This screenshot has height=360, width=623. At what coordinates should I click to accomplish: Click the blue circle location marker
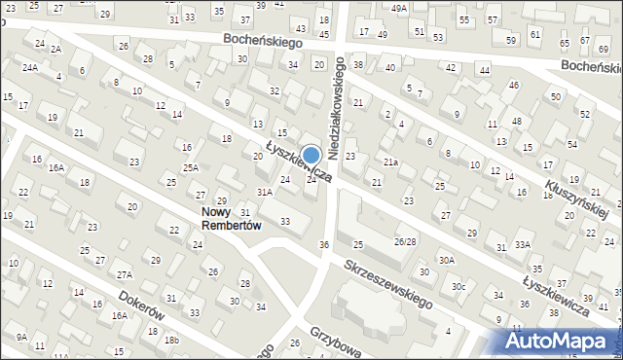pos(311,155)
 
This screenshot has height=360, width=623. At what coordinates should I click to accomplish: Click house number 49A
pos(399,8)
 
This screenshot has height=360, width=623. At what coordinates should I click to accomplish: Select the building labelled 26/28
pos(405,240)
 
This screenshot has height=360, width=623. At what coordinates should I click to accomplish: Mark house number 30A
pos(446,260)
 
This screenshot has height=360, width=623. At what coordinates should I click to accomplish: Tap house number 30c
pos(458,286)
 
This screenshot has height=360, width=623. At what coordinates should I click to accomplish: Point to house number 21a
pos(390,162)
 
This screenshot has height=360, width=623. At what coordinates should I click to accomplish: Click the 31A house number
pos(264,192)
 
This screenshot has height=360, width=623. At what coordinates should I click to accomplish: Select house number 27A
pos(124,275)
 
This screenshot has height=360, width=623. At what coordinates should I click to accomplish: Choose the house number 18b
pos(171,340)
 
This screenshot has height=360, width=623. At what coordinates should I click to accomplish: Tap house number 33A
pos(523,243)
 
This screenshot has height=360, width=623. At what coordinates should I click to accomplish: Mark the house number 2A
pos(55,49)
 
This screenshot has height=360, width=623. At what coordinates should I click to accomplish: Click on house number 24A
pos(30,67)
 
